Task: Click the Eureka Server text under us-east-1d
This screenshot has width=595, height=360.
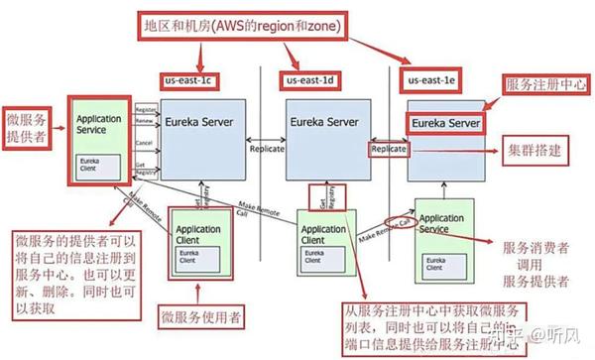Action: [x=323, y=121]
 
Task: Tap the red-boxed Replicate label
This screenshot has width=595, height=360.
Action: [x=388, y=147]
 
